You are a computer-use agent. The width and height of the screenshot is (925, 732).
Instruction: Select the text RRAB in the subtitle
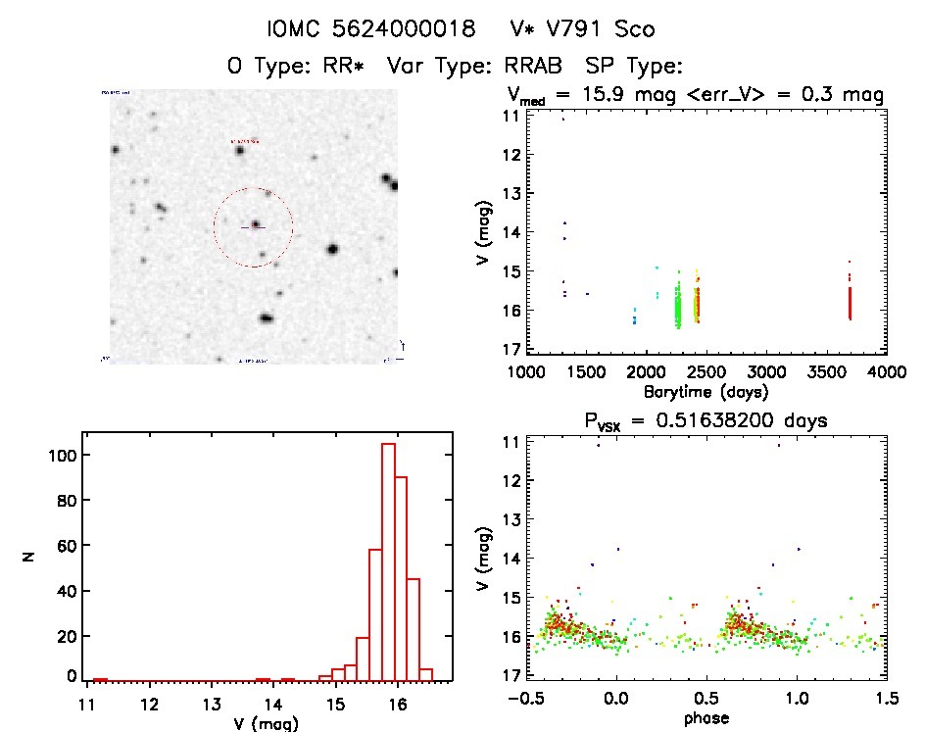point(539,67)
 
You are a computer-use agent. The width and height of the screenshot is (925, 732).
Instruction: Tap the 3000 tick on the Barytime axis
point(766,372)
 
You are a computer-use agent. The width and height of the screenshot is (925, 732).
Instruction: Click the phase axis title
point(707,718)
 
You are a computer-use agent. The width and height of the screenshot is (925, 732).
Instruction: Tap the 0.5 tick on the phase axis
point(707,699)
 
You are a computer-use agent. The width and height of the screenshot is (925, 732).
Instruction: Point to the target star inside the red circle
point(255,224)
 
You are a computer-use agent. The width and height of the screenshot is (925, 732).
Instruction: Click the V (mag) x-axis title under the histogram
point(268,723)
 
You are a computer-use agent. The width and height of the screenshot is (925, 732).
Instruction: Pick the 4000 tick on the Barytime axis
point(886,372)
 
